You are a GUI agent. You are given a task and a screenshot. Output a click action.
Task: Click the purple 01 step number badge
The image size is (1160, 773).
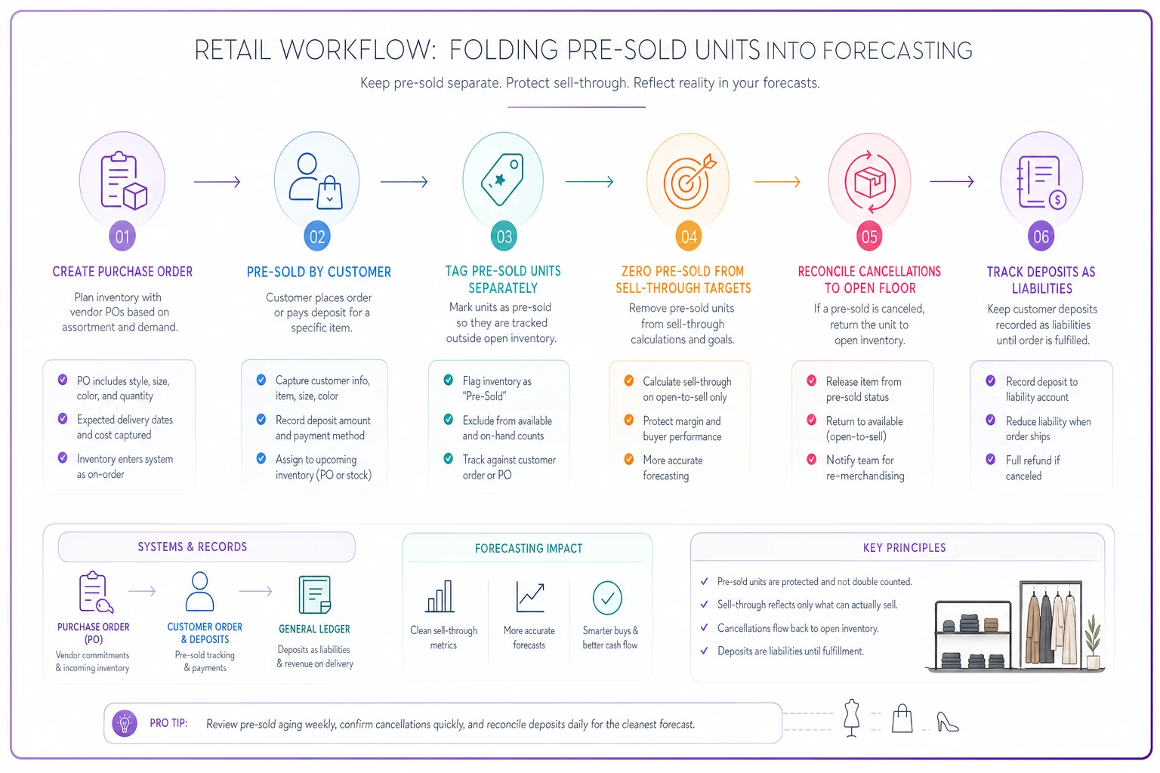tap(122, 236)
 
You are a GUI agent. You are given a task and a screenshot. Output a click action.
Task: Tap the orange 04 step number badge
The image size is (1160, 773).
tap(688, 236)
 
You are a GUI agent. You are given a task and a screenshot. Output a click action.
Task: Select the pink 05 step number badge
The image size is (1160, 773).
tap(869, 236)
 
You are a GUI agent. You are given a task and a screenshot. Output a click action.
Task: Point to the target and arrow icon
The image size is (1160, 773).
tap(690, 181)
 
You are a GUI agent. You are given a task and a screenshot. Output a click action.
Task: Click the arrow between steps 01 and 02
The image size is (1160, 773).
tap(217, 182)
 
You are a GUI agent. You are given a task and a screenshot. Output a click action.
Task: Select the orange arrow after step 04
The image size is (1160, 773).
tap(777, 182)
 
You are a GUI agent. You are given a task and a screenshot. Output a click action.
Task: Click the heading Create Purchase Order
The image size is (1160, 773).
tap(122, 272)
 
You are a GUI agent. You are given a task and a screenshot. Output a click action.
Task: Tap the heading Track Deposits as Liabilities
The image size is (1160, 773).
tap(1041, 280)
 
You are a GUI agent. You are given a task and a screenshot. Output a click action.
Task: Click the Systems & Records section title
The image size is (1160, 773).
tap(192, 547)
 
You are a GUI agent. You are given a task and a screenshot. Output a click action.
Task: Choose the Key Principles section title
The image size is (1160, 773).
tap(904, 548)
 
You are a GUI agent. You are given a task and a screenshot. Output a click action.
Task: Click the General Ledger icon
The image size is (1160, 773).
tap(314, 594)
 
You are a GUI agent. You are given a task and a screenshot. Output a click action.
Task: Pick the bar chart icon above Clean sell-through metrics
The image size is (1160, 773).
tap(440, 596)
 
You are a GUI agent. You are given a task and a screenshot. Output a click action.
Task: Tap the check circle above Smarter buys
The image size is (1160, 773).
tap(607, 598)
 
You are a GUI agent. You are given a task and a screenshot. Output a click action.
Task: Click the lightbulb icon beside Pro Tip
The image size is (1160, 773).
tap(125, 722)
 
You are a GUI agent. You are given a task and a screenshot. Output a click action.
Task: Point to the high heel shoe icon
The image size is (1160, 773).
tap(948, 722)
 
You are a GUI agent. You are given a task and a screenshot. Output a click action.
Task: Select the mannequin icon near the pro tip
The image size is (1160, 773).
tap(851, 718)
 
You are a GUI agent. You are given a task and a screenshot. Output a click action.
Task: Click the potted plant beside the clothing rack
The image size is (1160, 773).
tap(1094, 642)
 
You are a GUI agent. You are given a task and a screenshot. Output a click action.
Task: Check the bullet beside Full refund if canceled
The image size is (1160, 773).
tap(991, 459)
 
